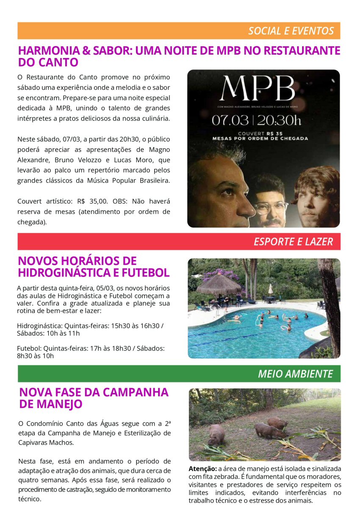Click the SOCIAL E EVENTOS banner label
291,31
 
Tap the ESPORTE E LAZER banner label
293,242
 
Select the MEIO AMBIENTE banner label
295,374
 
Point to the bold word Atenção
202,469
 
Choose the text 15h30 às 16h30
134,325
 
